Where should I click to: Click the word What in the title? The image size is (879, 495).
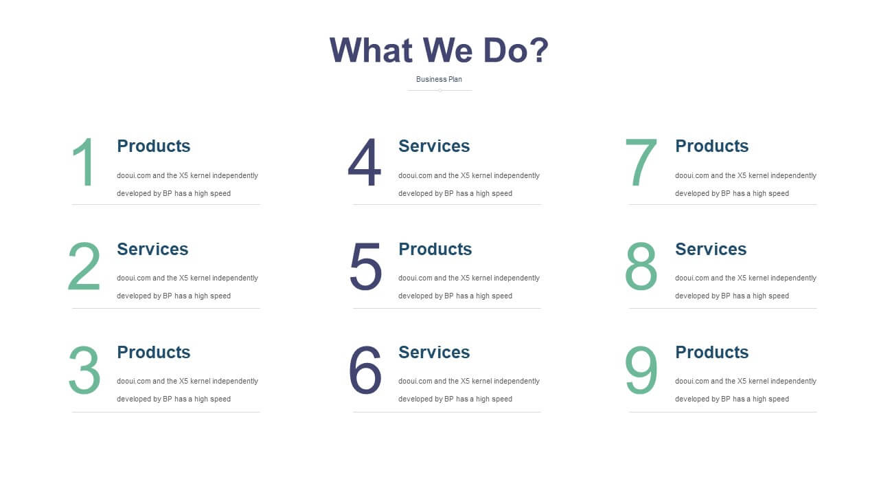point(371,50)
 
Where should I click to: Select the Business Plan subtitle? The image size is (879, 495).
point(439,79)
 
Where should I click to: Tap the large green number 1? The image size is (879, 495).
point(84,162)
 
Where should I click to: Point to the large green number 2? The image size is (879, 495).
point(84,266)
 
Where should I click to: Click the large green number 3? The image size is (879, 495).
point(84,370)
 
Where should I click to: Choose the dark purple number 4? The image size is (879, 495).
point(365,162)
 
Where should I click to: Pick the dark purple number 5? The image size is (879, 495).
point(365,266)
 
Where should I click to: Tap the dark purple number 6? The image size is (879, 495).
point(365,370)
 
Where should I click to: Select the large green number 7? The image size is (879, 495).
point(641,162)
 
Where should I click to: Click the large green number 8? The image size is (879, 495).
point(641,266)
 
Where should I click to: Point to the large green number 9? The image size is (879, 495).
point(641,370)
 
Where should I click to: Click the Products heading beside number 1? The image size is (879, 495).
point(153,146)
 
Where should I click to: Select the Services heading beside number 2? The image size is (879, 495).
point(152,249)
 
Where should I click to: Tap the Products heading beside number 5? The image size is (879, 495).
point(435,249)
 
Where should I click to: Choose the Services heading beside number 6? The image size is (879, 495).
point(434,353)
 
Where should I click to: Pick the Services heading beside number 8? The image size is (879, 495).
point(711,249)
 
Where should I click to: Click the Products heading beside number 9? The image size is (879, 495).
point(712,353)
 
